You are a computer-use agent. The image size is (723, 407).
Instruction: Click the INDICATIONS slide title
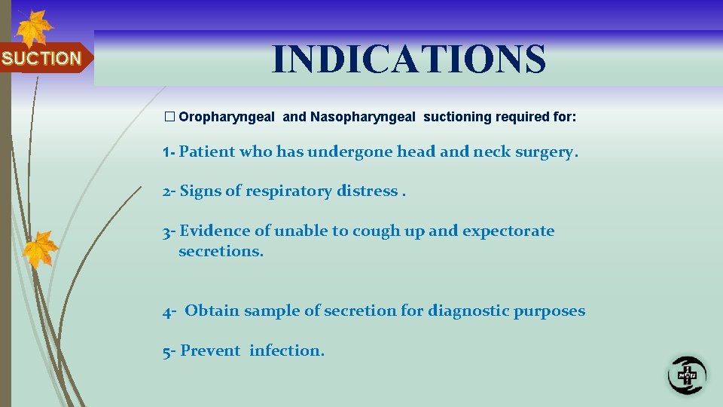(409, 59)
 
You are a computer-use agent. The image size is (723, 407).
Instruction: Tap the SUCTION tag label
(41, 59)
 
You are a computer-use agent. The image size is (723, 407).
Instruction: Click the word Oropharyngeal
(228, 117)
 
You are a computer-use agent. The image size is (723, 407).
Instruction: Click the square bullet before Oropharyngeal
(169, 117)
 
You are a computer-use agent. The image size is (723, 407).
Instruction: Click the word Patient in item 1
(207, 151)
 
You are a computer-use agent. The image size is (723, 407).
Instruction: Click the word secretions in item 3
(221, 251)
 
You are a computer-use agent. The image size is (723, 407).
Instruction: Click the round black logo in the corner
(687, 374)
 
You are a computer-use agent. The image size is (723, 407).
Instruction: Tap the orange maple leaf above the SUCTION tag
(33, 28)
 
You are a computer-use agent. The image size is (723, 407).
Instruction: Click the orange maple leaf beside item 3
(40, 249)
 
